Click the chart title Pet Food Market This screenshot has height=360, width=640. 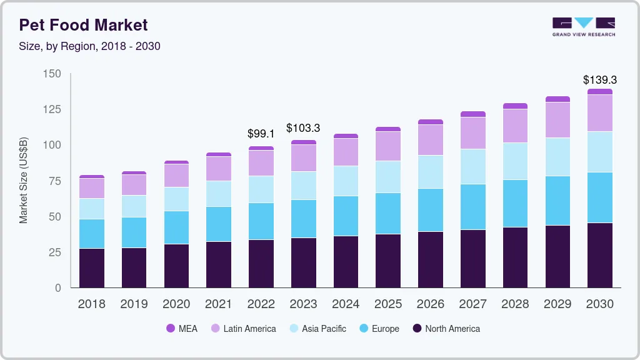(x=83, y=25)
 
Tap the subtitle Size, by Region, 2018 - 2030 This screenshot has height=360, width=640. (x=89, y=46)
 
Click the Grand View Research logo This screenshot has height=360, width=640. (x=583, y=26)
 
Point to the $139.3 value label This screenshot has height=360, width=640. (x=599, y=80)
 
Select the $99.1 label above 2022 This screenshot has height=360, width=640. (x=261, y=134)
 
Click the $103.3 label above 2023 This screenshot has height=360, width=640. (x=303, y=128)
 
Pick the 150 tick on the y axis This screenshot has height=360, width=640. (x=52, y=74)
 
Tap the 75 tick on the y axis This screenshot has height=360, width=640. (x=55, y=181)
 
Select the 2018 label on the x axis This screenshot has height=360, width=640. (x=91, y=304)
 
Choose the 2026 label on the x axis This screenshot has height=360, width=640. (x=430, y=304)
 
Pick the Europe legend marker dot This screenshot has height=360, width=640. (x=363, y=329)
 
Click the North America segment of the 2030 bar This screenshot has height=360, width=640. (x=599, y=255)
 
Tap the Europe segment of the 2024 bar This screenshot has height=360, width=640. (x=346, y=216)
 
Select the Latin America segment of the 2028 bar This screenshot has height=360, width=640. (x=515, y=126)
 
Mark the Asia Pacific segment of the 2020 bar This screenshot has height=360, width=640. (x=176, y=199)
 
